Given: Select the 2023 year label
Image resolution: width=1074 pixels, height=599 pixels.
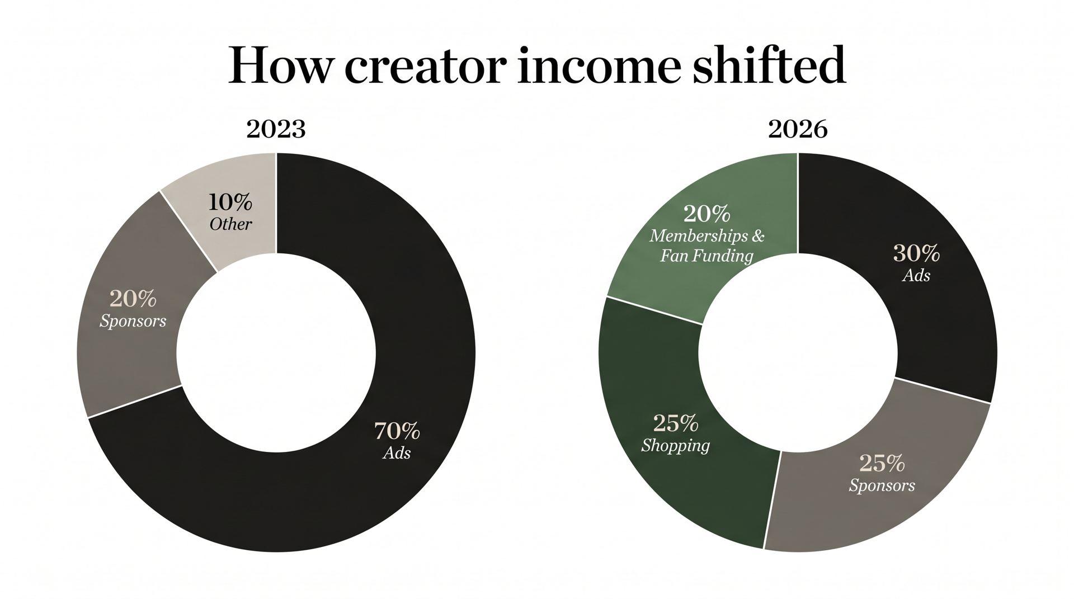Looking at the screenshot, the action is [276, 129].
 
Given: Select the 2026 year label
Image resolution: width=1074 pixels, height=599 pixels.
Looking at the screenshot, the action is [798, 129].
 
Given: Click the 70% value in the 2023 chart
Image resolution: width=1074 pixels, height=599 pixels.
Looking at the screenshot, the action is [397, 431].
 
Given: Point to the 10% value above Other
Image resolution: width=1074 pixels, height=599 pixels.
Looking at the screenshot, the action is [230, 201].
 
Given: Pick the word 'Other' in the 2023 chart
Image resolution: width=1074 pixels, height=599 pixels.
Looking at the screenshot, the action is [230, 224].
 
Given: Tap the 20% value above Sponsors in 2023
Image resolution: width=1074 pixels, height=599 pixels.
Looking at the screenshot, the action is [133, 299].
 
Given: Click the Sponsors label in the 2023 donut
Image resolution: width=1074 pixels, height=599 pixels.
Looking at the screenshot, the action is [133, 321].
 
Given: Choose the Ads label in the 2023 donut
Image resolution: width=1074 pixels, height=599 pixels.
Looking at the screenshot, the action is [397, 452].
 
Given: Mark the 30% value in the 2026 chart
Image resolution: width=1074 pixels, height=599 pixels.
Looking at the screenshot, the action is [916, 253].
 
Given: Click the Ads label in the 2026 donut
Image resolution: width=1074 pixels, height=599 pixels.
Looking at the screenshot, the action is [916, 275].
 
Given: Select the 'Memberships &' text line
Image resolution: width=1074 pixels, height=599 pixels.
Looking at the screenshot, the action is [707, 235].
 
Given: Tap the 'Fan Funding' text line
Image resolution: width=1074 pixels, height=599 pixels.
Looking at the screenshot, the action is [706, 256].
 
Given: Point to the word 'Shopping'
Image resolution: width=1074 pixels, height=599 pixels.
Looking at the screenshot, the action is [676, 446].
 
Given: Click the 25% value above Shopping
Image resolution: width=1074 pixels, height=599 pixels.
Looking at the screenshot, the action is [676, 423].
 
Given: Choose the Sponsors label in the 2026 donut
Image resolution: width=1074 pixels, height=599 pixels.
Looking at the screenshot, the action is [882, 485].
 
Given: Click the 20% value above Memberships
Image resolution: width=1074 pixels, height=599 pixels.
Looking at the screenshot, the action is [706, 213].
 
